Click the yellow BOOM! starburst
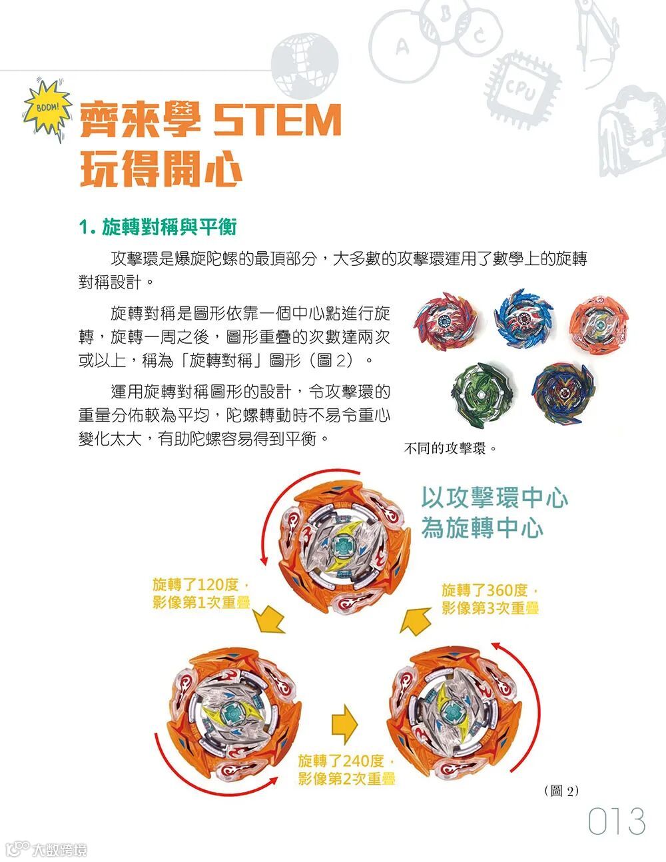[x=47, y=109]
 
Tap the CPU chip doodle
[x=523, y=91]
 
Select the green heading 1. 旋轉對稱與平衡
[x=158, y=227]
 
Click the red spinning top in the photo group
[x=445, y=321]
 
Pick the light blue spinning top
[x=523, y=318]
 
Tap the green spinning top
[x=482, y=395]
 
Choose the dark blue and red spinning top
[x=563, y=393]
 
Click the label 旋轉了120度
[x=196, y=584]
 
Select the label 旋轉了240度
[x=341, y=761]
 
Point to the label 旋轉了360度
[x=485, y=590]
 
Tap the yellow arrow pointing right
[x=344, y=724]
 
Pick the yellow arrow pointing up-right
[x=415, y=622]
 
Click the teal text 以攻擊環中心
[x=494, y=498]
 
